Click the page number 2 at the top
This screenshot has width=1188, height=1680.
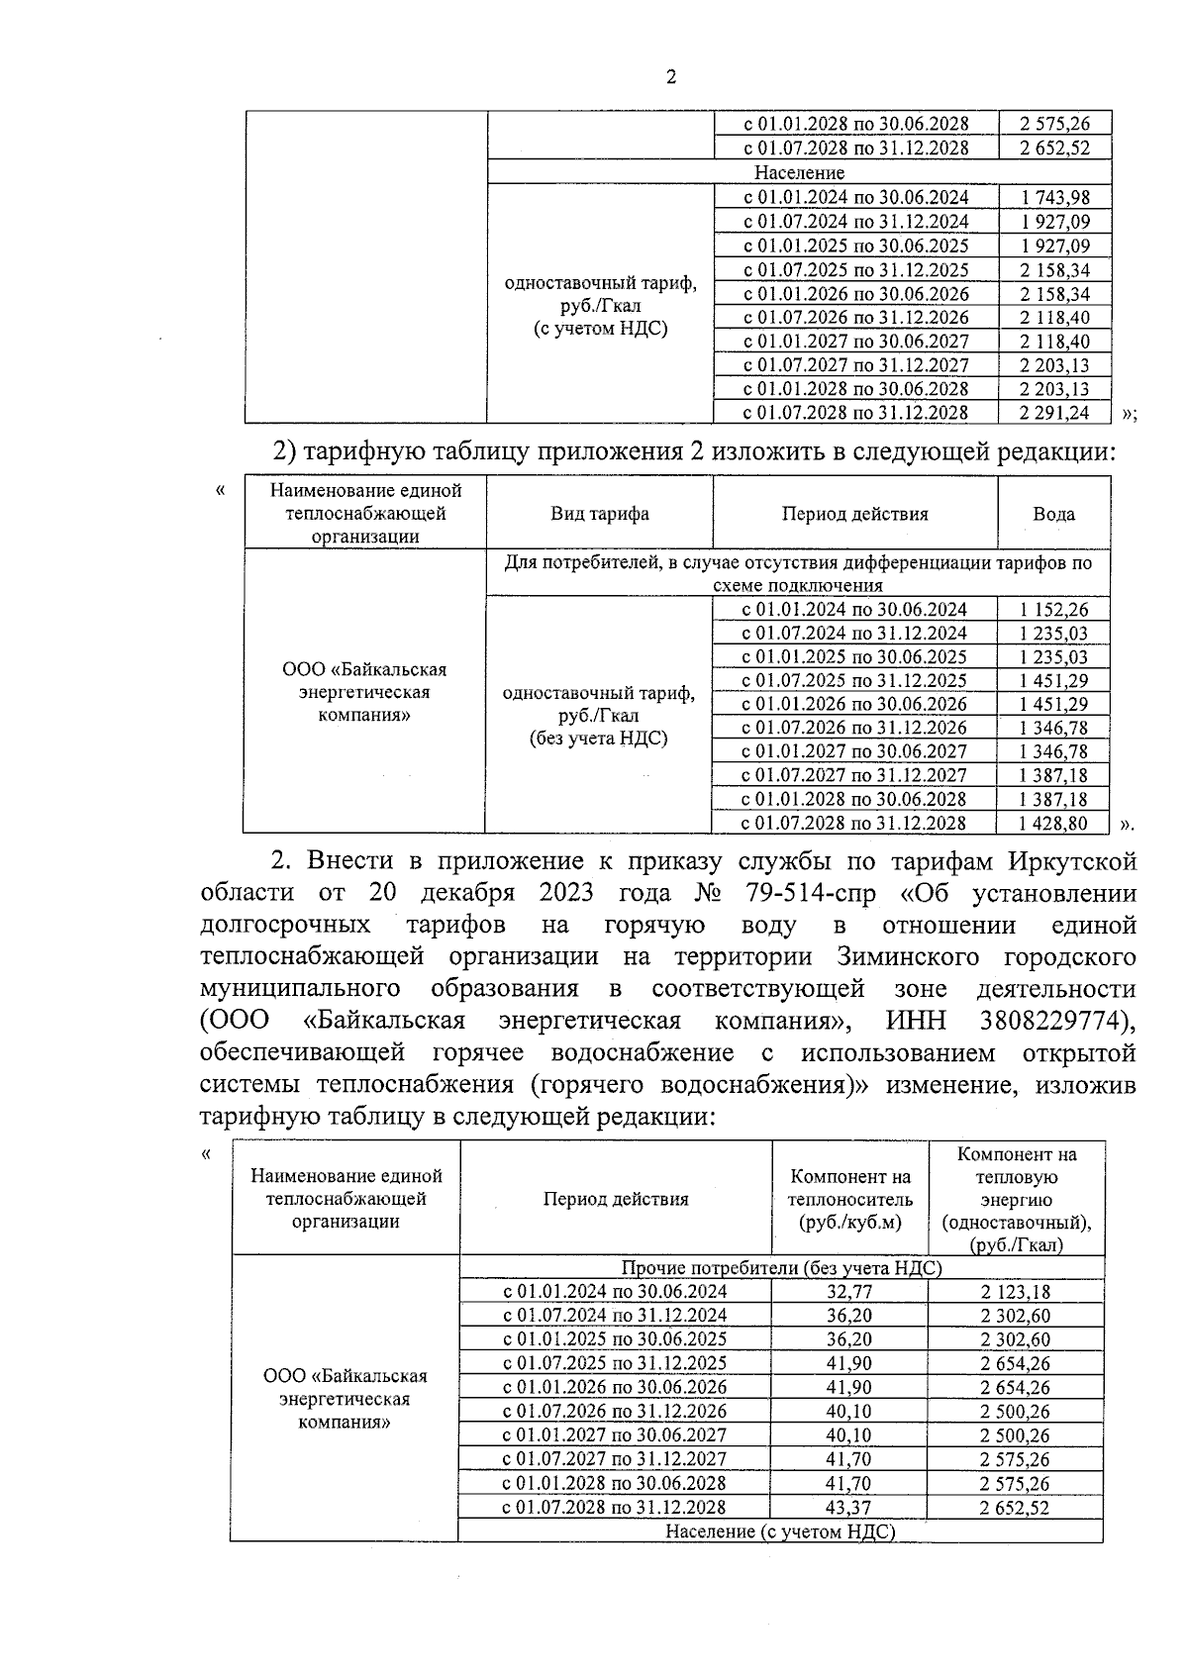pyautogui.click(x=671, y=78)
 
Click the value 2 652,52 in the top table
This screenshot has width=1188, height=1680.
pyautogui.click(x=1055, y=148)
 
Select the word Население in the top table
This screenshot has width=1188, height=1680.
pyautogui.click(x=799, y=172)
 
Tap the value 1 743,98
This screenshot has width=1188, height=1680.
pyautogui.click(x=1055, y=197)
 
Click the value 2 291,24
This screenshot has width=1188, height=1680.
pyautogui.click(x=1055, y=413)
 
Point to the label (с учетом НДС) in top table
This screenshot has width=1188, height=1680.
pyautogui.click(x=600, y=329)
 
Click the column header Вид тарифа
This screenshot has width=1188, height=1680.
pyautogui.click(x=600, y=513)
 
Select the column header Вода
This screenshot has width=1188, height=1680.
pyautogui.click(x=1053, y=513)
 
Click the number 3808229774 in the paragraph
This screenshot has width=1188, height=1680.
pyautogui.click(x=1055, y=1021)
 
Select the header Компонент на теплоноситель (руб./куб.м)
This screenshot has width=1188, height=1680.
pyautogui.click(x=849, y=1199)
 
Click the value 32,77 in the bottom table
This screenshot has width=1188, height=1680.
pyautogui.click(x=849, y=1292)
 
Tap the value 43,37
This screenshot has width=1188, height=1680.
pyautogui.click(x=849, y=1508)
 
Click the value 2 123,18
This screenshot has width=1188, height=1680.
pyautogui.click(x=1016, y=1292)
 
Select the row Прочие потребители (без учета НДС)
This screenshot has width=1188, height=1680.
pyautogui.click(x=781, y=1268)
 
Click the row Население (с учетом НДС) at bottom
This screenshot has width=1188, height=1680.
pyautogui.click(x=780, y=1532)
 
